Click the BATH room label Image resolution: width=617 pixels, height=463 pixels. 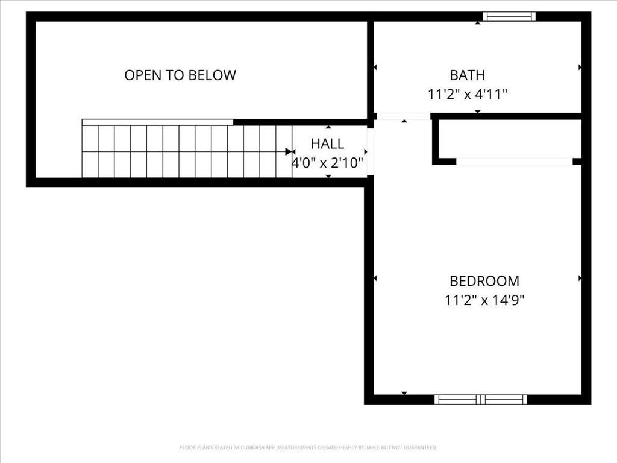pos(467,75)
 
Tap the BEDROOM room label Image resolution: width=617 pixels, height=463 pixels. pos(484,281)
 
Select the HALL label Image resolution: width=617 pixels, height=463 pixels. pos(327,143)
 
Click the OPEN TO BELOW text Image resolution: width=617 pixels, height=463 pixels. pos(180,75)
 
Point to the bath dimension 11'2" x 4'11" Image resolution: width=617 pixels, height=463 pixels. pos(468,94)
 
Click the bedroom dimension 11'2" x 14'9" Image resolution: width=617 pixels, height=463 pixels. pos(484,300)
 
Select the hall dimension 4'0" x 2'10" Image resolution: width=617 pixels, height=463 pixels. pos(328,162)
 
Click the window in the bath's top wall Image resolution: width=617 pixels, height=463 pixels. pos(510,17)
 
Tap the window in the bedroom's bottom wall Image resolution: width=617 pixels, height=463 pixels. pos(481,399)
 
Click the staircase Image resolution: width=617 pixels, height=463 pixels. pos(187,151)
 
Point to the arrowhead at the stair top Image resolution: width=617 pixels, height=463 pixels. pos(289,152)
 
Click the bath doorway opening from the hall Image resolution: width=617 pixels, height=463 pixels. pos(403,116)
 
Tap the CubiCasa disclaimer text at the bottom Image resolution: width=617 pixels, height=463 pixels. pos(308,447)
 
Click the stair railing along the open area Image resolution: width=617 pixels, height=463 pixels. pos(157,122)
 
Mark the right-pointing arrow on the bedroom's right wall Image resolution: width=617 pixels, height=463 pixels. pos(580,279)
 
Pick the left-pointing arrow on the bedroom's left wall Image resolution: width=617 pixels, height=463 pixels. pos(375,279)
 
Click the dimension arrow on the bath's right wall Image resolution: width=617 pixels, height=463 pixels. pos(580,67)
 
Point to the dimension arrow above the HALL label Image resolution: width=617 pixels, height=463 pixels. pos(328,127)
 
